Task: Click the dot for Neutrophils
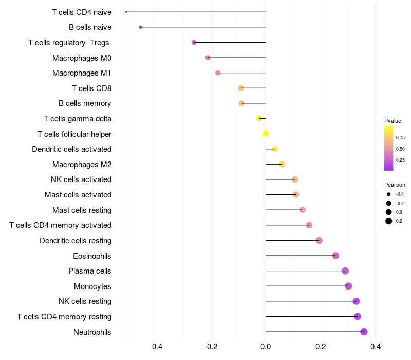tap(364, 332)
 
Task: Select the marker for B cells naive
tap(141, 27)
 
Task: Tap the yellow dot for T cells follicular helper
tap(266, 134)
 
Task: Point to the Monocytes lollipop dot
tap(348, 286)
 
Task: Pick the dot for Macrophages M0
tap(208, 58)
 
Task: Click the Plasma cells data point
tap(345, 271)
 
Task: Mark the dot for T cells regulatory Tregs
tap(194, 42)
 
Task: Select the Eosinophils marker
tap(335, 256)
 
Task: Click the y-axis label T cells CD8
tap(91, 88)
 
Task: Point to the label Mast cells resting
tap(82, 210)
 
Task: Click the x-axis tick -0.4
tap(156, 347)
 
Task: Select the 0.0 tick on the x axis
tap(266, 347)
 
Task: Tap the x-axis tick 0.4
tap(376, 347)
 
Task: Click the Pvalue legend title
tap(393, 121)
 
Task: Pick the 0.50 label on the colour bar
tap(400, 149)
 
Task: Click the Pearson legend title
tap(395, 185)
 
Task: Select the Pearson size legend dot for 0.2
tap(389, 221)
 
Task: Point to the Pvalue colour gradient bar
tap(389, 148)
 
